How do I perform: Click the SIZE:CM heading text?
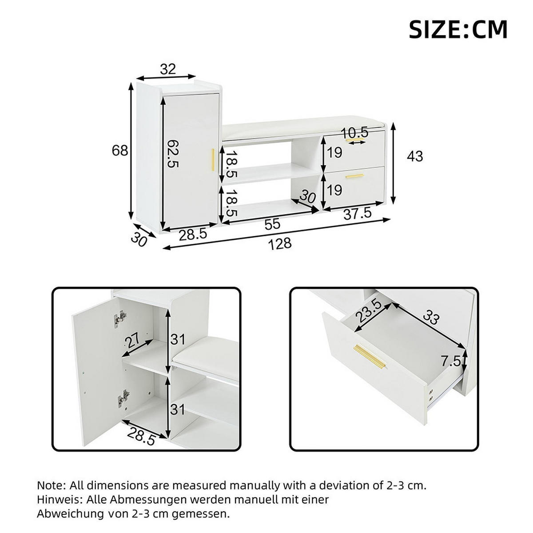(457, 30)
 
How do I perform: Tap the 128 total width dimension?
(281, 243)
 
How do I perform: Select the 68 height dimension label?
(120, 151)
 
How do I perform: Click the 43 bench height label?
(415, 156)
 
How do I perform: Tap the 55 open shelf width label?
(272, 225)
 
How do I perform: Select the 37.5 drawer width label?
(358, 214)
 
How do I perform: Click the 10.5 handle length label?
(355, 132)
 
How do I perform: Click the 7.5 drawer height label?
(451, 362)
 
